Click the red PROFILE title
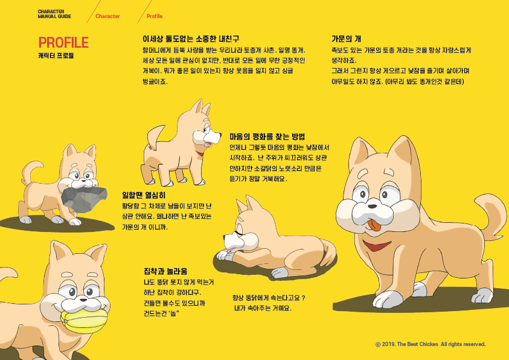[x=63, y=42]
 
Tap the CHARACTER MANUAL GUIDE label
[x=54, y=14]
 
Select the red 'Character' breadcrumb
[x=107, y=16]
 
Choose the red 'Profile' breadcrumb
[x=155, y=16]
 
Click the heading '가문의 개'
[x=346, y=39]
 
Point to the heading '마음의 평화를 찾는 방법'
[x=267, y=137]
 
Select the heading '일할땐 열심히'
[x=144, y=195]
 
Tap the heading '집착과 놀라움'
[x=165, y=271]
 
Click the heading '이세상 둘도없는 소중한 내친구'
[x=191, y=39]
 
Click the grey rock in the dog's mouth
[x=84, y=199]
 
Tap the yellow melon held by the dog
[x=84, y=321]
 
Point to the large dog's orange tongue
[x=374, y=225]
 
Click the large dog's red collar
[x=377, y=246]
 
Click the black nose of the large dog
[x=373, y=207]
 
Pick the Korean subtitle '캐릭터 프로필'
[x=56, y=56]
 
